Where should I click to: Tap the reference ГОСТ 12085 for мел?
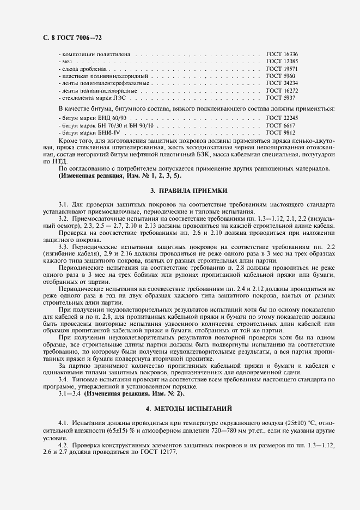tap(282, 62)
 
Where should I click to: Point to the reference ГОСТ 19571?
tap(282, 69)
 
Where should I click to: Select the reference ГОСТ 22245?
tap(282, 118)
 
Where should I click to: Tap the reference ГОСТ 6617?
tap(280, 125)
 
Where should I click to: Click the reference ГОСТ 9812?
tap(280, 132)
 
